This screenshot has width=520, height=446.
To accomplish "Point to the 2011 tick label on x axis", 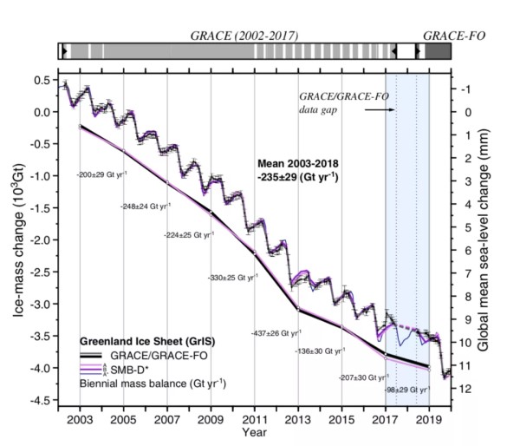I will click(254, 419).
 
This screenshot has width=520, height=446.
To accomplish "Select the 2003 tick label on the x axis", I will click(81, 419).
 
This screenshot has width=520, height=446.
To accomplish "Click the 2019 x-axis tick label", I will click(429, 419).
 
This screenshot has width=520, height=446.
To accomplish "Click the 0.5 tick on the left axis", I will click(39, 80).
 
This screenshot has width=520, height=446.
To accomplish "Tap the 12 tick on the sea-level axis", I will click(466, 388).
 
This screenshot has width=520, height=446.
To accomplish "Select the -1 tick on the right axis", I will click(465, 89).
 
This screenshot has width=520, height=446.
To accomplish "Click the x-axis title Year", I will click(255, 432).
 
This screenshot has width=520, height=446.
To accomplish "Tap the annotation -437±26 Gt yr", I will click(275, 332).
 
